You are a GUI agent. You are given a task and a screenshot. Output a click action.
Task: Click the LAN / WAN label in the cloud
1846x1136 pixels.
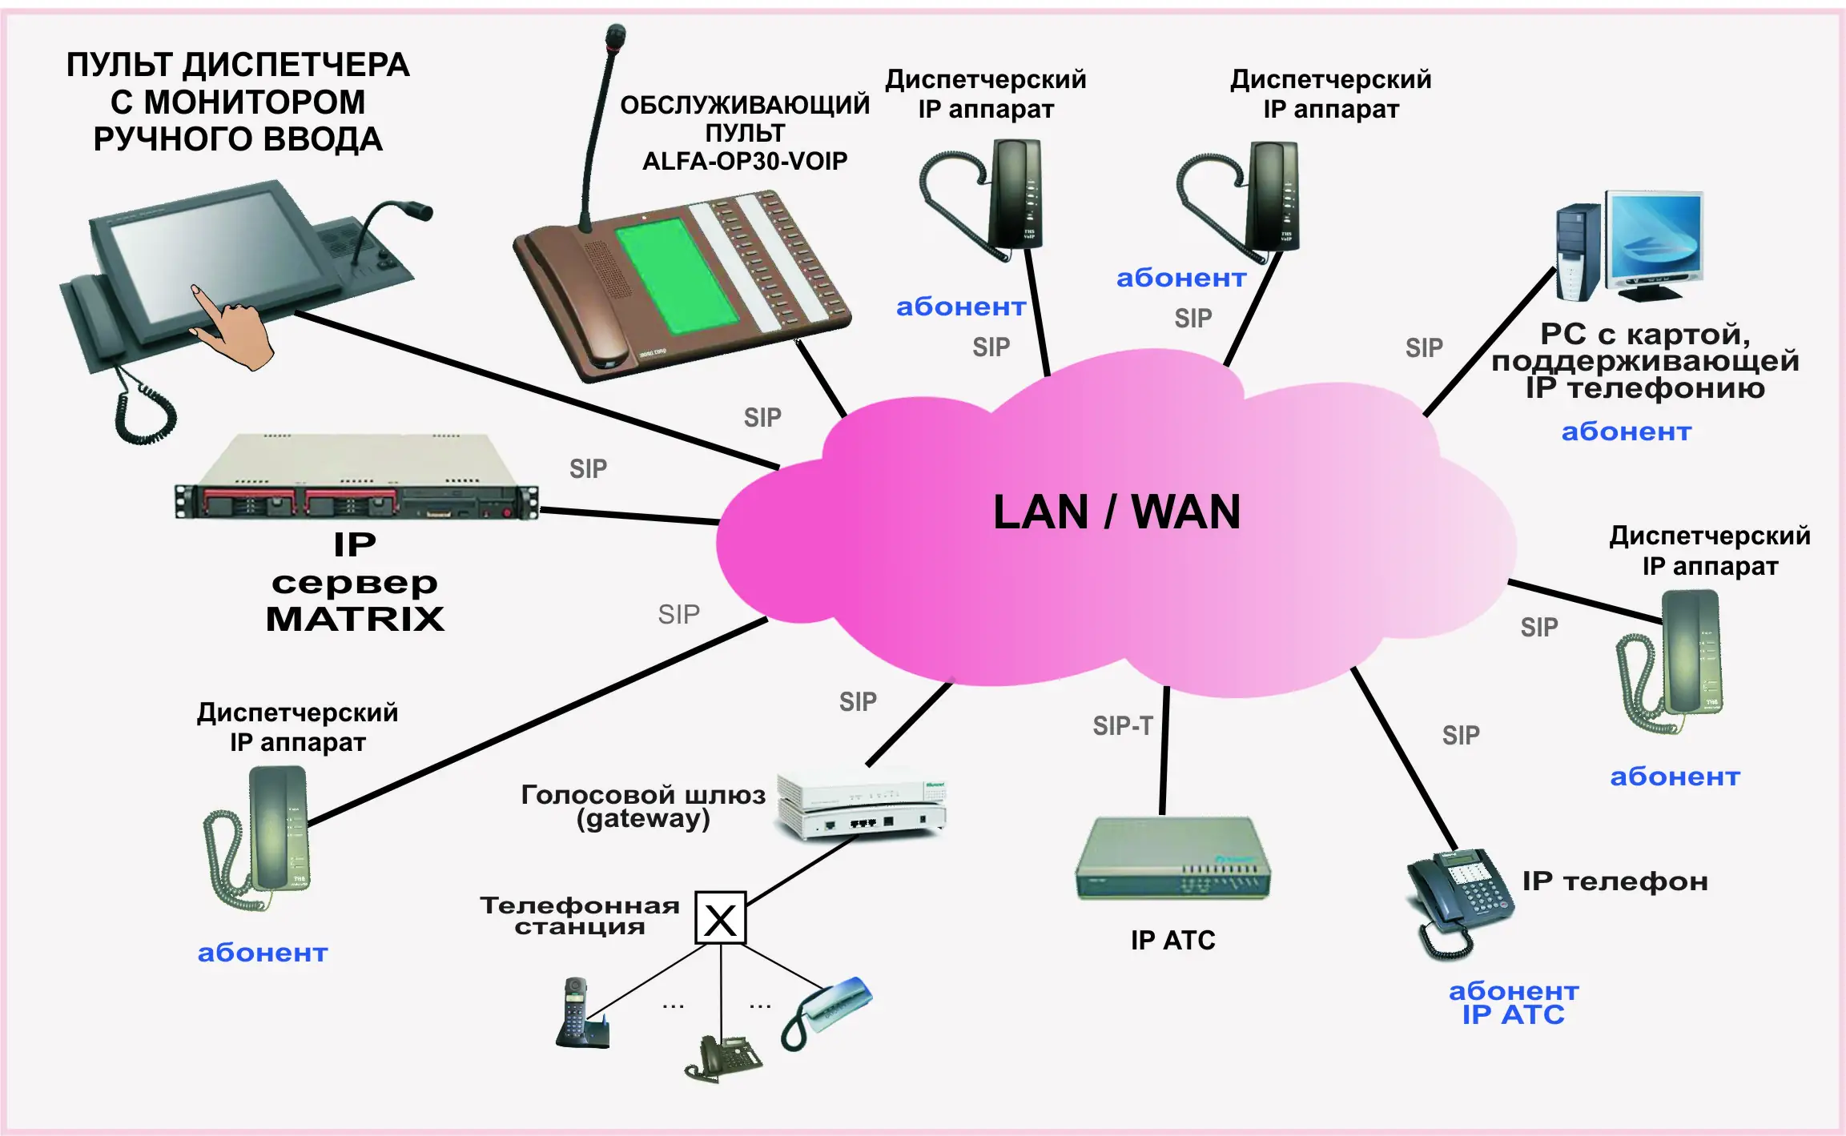(x=1116, y=512)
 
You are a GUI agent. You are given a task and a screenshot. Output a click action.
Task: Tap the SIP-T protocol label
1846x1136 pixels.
(x=1122, y=726)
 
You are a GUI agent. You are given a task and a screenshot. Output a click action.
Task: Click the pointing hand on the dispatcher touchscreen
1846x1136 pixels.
(x=232, y=328)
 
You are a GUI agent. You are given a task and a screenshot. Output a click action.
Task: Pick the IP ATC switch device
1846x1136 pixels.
(x=1172, y=858)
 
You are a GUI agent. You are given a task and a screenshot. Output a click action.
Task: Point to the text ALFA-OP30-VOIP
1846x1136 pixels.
(x=744, y=162)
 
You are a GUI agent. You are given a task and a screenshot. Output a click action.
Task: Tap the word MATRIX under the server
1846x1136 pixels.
(x=355, y=619)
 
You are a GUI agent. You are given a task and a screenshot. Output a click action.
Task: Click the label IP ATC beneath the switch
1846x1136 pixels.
(x=1172, y=940)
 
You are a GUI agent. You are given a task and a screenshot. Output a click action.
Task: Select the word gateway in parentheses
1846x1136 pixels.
(x=643, y=819)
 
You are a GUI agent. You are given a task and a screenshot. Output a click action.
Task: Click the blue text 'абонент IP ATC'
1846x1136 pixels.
(x=1513, y=1003)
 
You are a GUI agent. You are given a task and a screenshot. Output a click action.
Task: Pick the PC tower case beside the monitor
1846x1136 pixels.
(x=1577, y=252)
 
